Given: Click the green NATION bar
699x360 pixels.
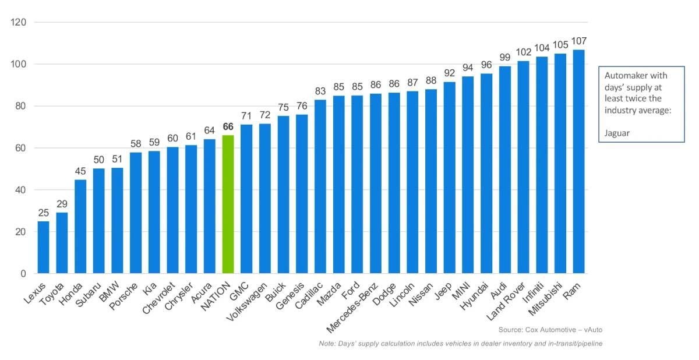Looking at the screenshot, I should (x=228, y=204).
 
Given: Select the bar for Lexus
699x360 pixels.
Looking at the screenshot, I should (x=43, y=247).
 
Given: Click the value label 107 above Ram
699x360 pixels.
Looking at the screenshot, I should (x=578, y=41).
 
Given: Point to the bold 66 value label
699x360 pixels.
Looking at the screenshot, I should (x=228, y=127).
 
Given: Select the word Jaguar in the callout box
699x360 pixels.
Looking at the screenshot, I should (x=616, y=133).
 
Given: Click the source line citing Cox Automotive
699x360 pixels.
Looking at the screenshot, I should (x=550, y=330).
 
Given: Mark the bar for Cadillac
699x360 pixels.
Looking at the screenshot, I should (x=320, y=186).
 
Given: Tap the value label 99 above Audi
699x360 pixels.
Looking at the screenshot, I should (x=504, y=57).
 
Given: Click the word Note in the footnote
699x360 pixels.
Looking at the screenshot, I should (x=327, y=344).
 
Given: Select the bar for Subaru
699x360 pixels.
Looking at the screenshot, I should (x=98, y=221).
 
